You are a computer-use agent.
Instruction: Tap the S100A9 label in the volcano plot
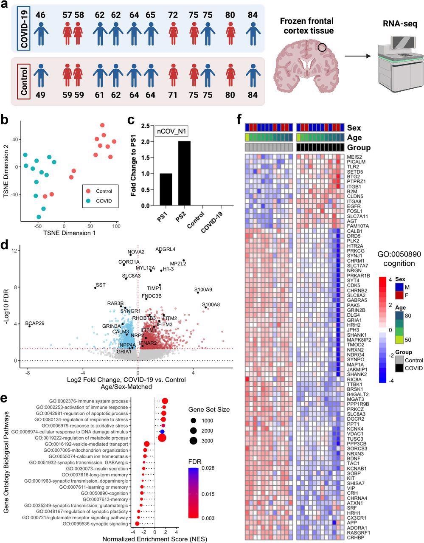[x=203, y=290]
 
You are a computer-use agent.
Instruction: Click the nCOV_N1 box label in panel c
[x=171, y=132]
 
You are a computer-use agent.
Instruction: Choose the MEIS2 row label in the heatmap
[x=355, y=157]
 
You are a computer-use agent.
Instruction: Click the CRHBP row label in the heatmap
[x=356, y=537]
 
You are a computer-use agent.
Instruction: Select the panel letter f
[x=241, y=117]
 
